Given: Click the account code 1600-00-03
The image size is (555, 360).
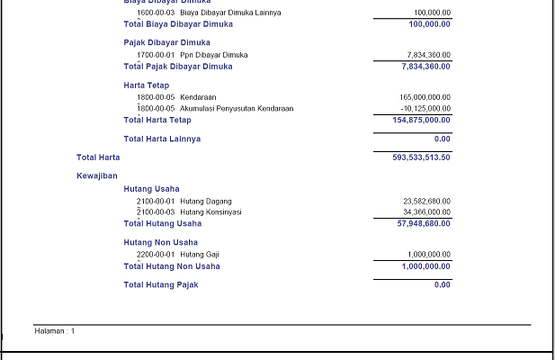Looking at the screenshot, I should click(156, 13).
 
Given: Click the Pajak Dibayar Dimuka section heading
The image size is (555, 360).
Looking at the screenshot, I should click(167, 42).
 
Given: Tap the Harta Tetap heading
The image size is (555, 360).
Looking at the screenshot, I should click(147, 85).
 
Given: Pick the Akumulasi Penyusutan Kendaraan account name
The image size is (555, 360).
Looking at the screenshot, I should click(237, 109).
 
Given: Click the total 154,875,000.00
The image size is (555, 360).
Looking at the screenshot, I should click(422, 121).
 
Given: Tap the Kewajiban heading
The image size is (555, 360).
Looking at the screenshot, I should click(97, 176).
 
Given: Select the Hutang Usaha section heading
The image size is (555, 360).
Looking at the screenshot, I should click(151, 189).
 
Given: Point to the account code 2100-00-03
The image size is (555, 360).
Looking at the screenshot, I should click(156, 212).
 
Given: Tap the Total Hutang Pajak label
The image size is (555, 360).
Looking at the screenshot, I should click(161, 285).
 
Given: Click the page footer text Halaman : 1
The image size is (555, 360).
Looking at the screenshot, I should click(55, 331).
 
